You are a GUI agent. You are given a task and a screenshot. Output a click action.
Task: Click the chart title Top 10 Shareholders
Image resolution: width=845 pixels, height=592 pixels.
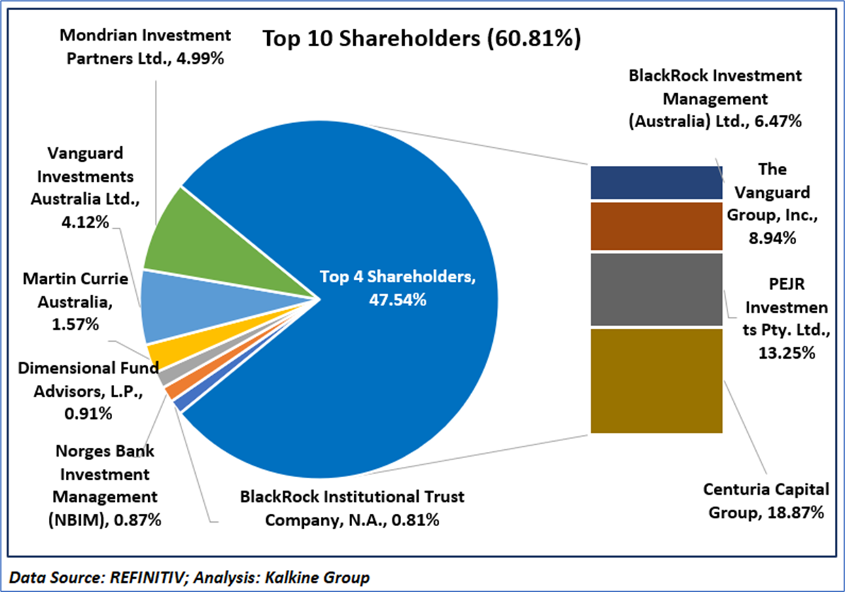tap(421, 39)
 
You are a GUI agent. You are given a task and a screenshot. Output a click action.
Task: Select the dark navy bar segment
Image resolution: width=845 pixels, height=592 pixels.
tap(656, 182)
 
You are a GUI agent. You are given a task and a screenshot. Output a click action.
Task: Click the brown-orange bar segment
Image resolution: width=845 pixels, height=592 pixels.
tap(656, 226)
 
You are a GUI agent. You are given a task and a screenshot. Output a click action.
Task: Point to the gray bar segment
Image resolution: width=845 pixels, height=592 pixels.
tap(656, 289)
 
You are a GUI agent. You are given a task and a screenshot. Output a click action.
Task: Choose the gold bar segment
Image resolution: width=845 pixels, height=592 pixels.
tap(656, 380)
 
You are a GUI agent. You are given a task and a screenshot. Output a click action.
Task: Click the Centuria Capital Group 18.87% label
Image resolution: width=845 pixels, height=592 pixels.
tap(766, 500)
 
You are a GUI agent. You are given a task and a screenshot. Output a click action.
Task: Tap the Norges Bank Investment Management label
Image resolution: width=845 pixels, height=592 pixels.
tap(105, 484)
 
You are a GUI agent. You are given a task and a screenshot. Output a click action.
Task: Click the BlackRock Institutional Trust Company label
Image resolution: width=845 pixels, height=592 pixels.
tap(352, 508)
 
